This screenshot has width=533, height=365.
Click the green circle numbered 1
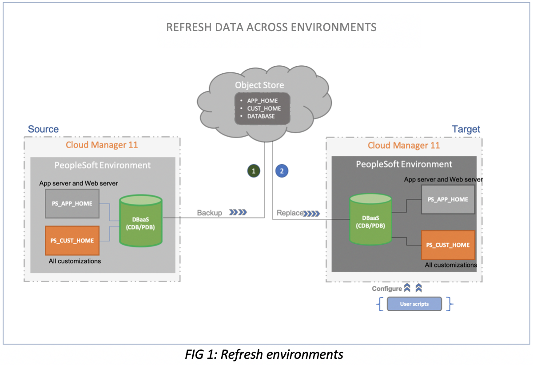(253, 170)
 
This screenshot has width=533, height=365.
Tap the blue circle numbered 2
(282, 170)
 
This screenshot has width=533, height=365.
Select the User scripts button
(414, 304)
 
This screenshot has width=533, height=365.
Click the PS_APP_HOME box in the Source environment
(72, 204)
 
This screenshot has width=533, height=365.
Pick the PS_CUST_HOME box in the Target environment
(448, 245)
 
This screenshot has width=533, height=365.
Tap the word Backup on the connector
(209, 213)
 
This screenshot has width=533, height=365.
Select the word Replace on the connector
(290, 213)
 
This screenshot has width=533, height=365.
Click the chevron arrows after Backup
(238, 213)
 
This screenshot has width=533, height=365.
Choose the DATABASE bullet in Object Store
(261, 116)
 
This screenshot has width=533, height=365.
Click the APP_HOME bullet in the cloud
(262, 101)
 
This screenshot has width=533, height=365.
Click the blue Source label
(43, 129)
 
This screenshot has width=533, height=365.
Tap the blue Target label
(466, 129)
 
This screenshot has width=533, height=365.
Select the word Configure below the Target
(386, 289)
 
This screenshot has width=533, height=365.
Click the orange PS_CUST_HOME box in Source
(72, 241)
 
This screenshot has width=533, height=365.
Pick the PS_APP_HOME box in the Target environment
(448, 199)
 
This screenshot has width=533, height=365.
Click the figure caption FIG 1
(264, 355)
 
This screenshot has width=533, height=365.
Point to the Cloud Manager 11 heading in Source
(102, 145)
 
